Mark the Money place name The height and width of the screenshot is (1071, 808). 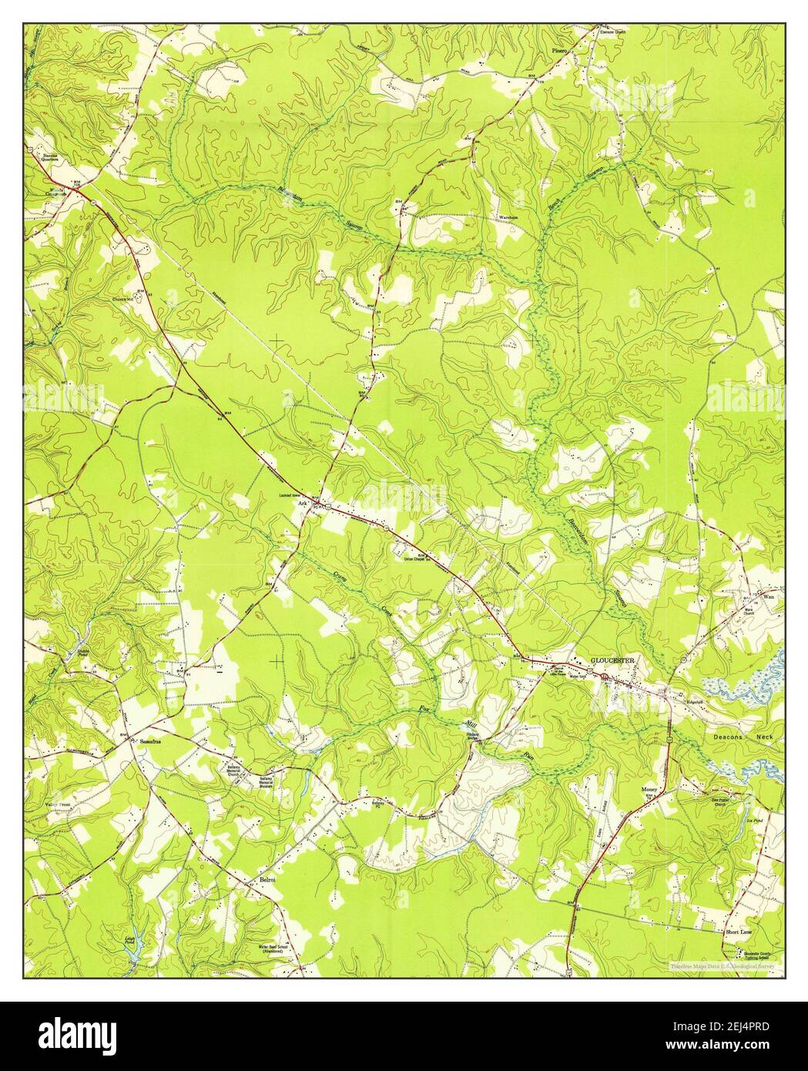click(x=648, y=790)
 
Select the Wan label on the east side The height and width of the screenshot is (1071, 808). click(x=766, y=596)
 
